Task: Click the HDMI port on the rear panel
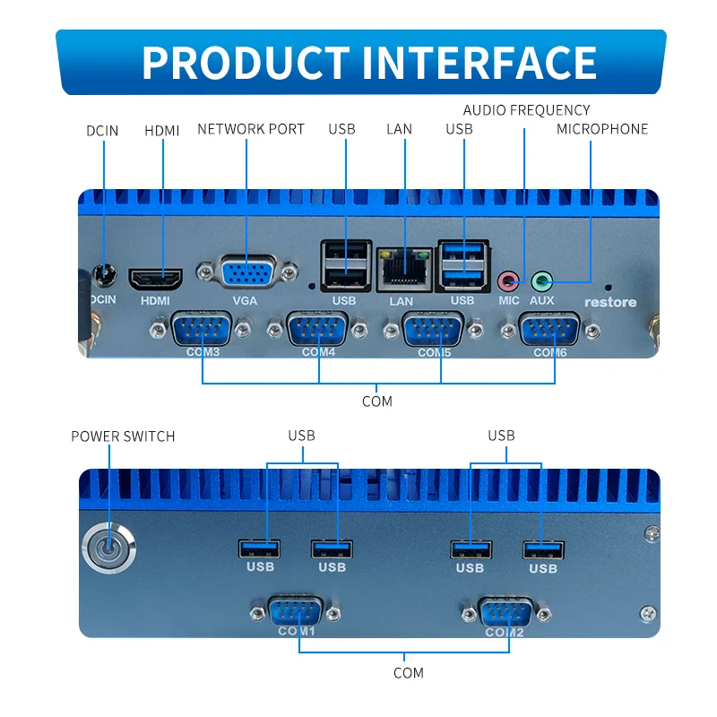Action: click(156, 279)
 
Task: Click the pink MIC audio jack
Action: click(509, 281)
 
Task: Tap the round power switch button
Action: click(108, 547)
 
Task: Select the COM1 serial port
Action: click(296, 613)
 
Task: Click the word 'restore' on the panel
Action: click(610, 302)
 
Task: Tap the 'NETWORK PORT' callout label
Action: click(251, 129)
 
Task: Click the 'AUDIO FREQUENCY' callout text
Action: click(526, 110)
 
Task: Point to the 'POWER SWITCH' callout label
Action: click(123, 436)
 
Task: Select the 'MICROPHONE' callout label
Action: click(602, 129)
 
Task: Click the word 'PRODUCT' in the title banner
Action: click(244, 63)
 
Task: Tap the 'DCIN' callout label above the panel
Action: click(102, 131)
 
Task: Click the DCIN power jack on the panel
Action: click(107, 272)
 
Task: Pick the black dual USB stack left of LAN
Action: click(344, 265)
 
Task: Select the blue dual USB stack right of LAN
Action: click(462, 264)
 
